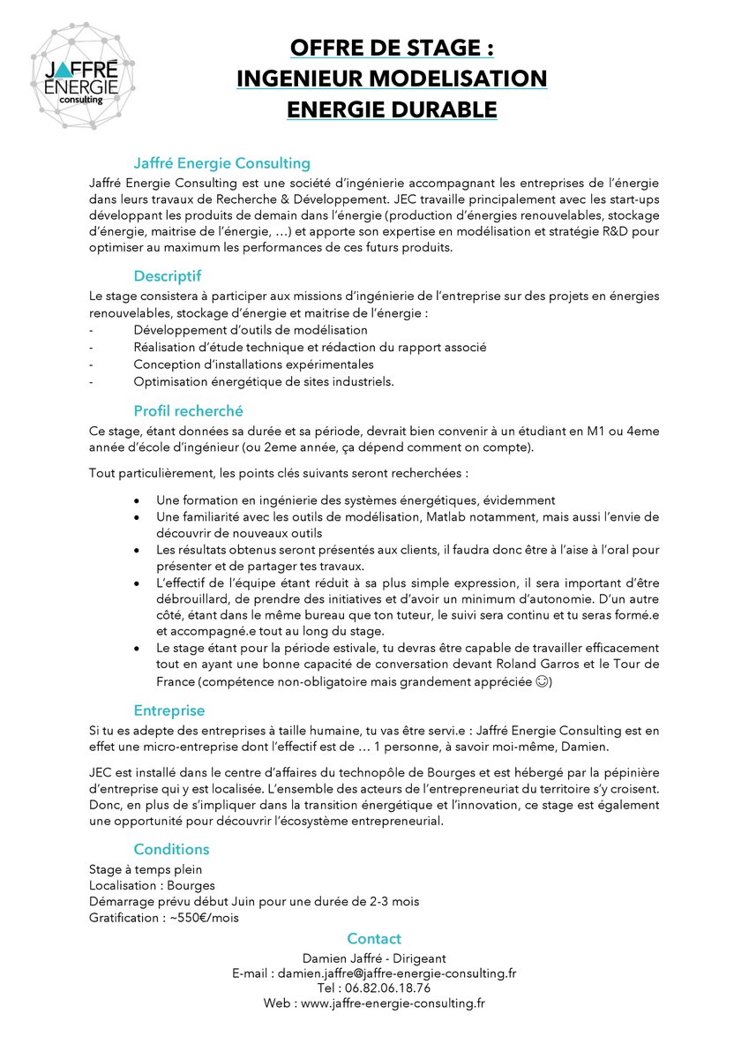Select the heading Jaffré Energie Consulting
coord(222,163)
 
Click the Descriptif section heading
coord(168,276)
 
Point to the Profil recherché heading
coord(188,410)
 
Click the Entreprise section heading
coord(169,710)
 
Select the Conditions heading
coord(171,849)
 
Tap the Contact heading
coord(374,939)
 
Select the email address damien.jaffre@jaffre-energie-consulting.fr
coord(397,973)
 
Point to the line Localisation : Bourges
coord(152,885)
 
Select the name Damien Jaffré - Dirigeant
coord(374,958)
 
